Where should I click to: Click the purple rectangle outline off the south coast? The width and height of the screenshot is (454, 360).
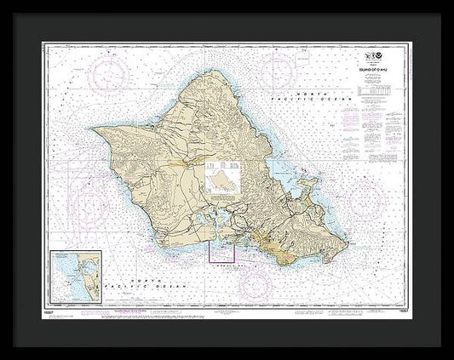(x=222, y=253)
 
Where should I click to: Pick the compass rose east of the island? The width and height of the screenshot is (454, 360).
(x=369, y=197)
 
